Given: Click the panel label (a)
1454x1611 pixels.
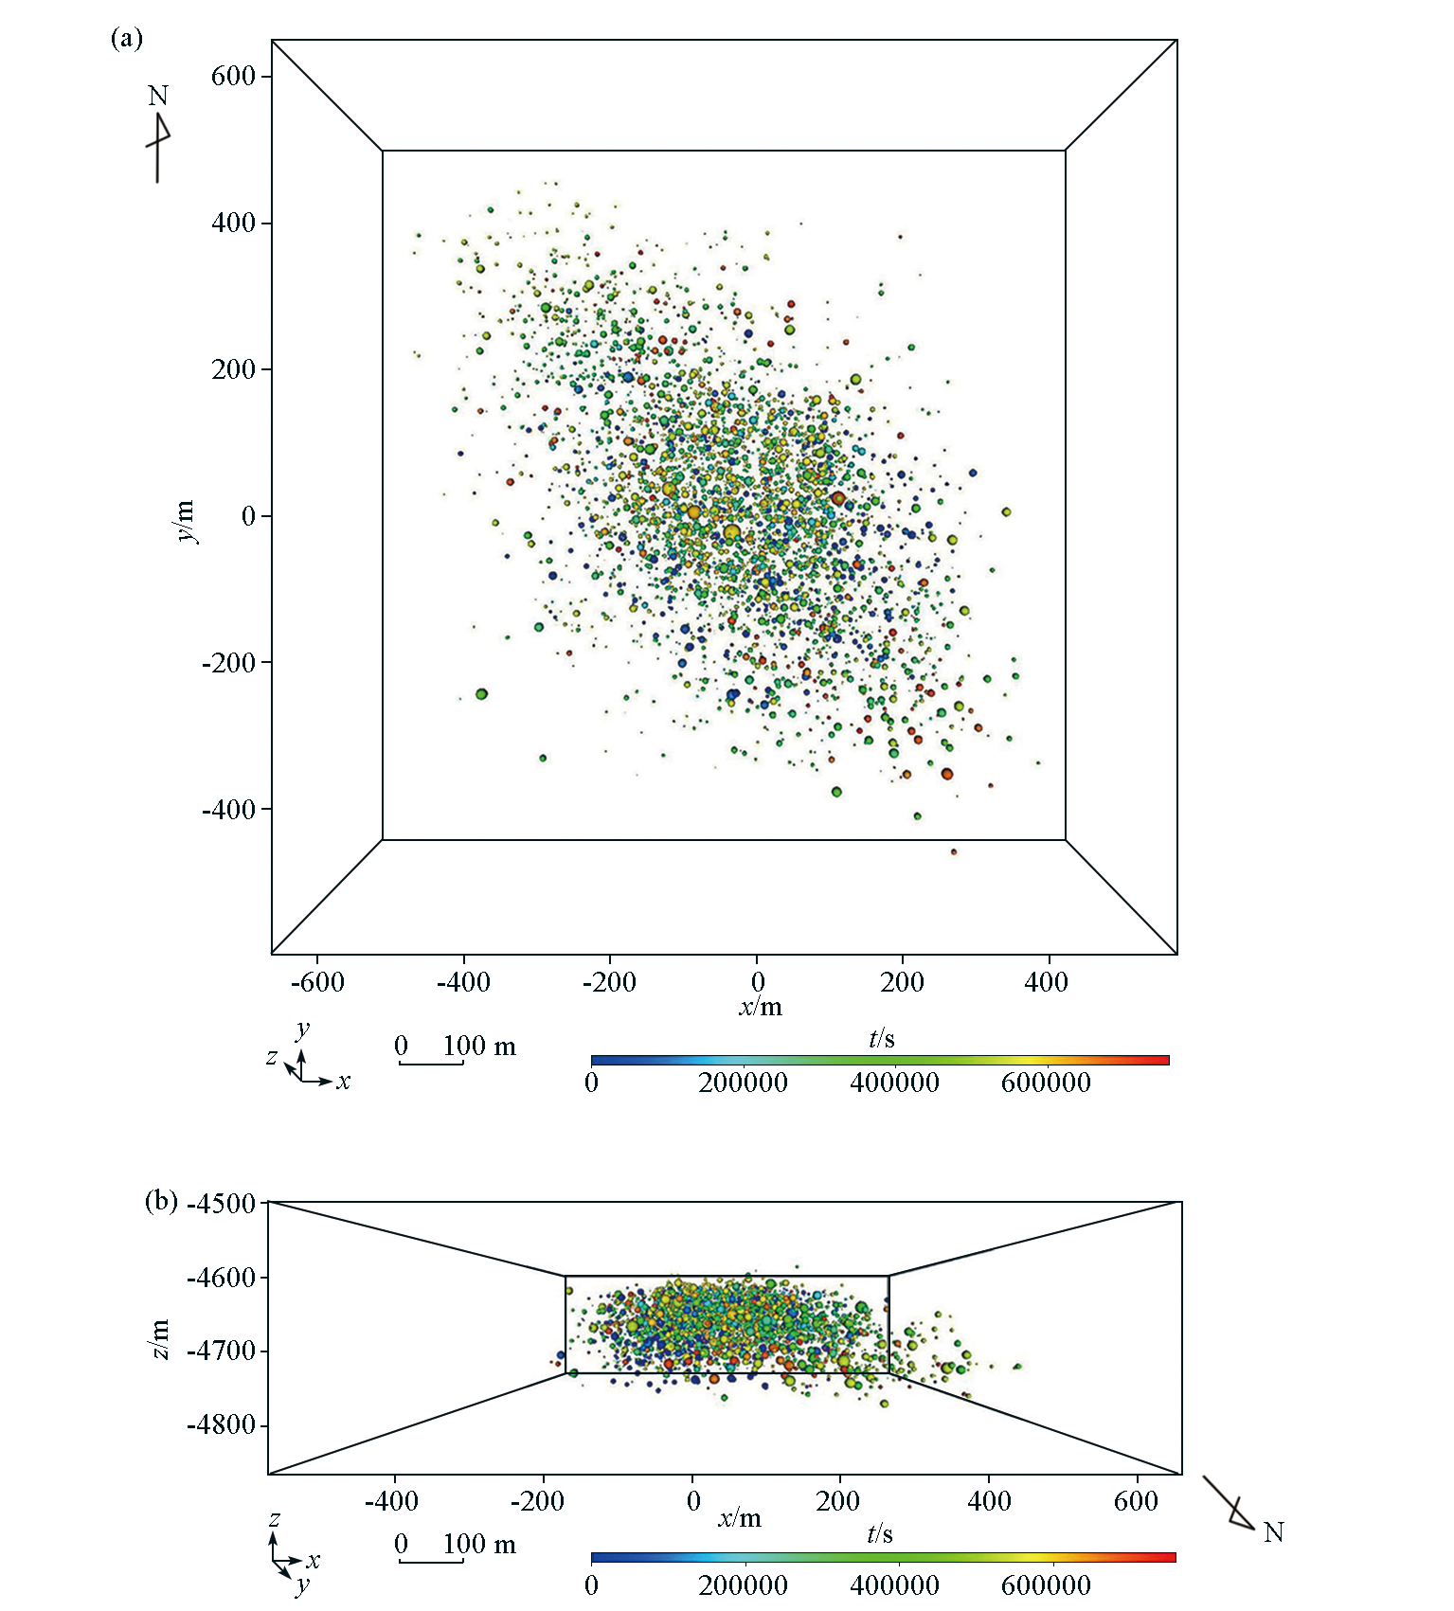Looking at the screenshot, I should pyautogui.click(x=126, y=39).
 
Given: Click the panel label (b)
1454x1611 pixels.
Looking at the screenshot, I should pyautogui.click(x=161, y=1201).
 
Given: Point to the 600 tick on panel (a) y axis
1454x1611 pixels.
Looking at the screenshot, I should pyautogui.click(x=234, y=76).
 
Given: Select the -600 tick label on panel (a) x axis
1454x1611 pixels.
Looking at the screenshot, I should pyautogui.click(x=317, y=981).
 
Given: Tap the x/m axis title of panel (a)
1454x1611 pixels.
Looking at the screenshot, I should pyautogui.click(x=761, y=1006).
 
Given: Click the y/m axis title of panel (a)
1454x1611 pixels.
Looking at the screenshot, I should pyautogui.click(x=186, y=520).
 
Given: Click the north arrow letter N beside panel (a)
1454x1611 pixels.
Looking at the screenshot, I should pyautogui.click(x=158, y=96).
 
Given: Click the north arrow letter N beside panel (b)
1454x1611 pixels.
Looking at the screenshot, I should pyautogui.click(x=1273, y=1532).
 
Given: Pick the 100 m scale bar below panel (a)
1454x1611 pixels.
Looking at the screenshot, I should pyautogui.click(x=431, y=1064).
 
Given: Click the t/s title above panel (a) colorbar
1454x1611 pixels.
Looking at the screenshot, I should pyautogui.click(x=882, y=1039).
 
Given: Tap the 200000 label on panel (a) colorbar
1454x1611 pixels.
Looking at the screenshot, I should pyautogui.click(x=743, y=1083).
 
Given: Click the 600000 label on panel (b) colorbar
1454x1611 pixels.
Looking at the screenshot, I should pyautogui.click(x=1046, y=1585).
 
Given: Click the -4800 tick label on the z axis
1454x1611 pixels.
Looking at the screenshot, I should pyautogui.click(x=223, y=1425).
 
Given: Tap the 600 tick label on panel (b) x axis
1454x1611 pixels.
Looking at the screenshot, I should pyautogui.click(x=1136, y=1501).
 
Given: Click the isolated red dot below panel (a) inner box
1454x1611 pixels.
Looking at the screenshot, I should pyautogui.click(x=954, y=852).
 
